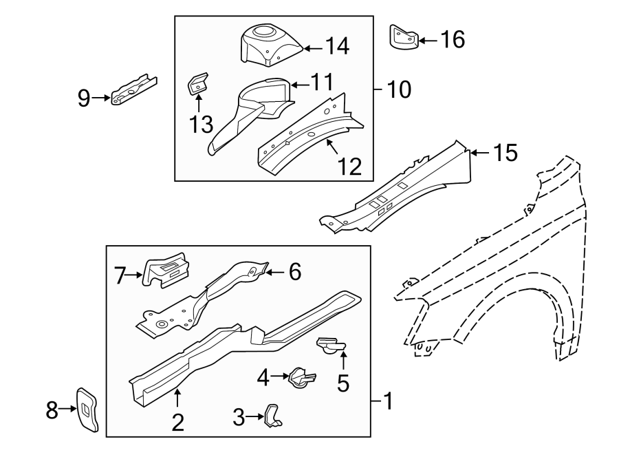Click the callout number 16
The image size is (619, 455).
click(x=452, y=40)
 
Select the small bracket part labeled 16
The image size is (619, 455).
click(x=404, y=37)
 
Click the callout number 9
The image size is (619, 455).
click(x=83, y=98)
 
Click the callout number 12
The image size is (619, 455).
click(x=349, y=166)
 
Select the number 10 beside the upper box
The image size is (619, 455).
click(x=399, y=89)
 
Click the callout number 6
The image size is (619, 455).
click(x=294, y=273)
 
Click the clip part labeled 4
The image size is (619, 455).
click(x=302, y=377)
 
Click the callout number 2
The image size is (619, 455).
click(x=177, y=421)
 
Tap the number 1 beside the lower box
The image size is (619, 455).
click(x=388, y=400)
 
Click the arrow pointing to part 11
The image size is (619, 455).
click(x=297, y=85)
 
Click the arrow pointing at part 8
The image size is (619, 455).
click(x=67, y=409)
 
